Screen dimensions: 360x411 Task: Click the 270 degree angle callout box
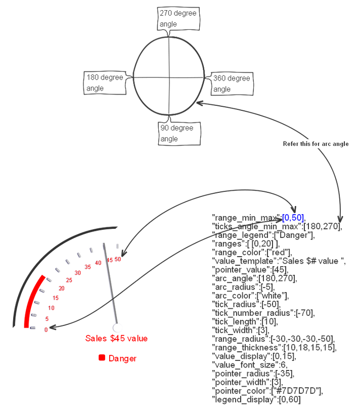178,19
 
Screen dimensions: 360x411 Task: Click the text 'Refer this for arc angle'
315,144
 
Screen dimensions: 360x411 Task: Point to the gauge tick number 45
109,260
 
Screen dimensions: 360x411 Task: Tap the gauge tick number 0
46,330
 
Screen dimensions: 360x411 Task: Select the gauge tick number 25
69,280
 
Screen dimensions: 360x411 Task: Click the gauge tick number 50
118,259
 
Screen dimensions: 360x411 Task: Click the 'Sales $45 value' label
116,338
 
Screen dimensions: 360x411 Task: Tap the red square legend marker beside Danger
102,358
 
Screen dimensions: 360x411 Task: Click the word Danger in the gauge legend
122,358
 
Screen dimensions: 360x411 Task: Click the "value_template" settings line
279,261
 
